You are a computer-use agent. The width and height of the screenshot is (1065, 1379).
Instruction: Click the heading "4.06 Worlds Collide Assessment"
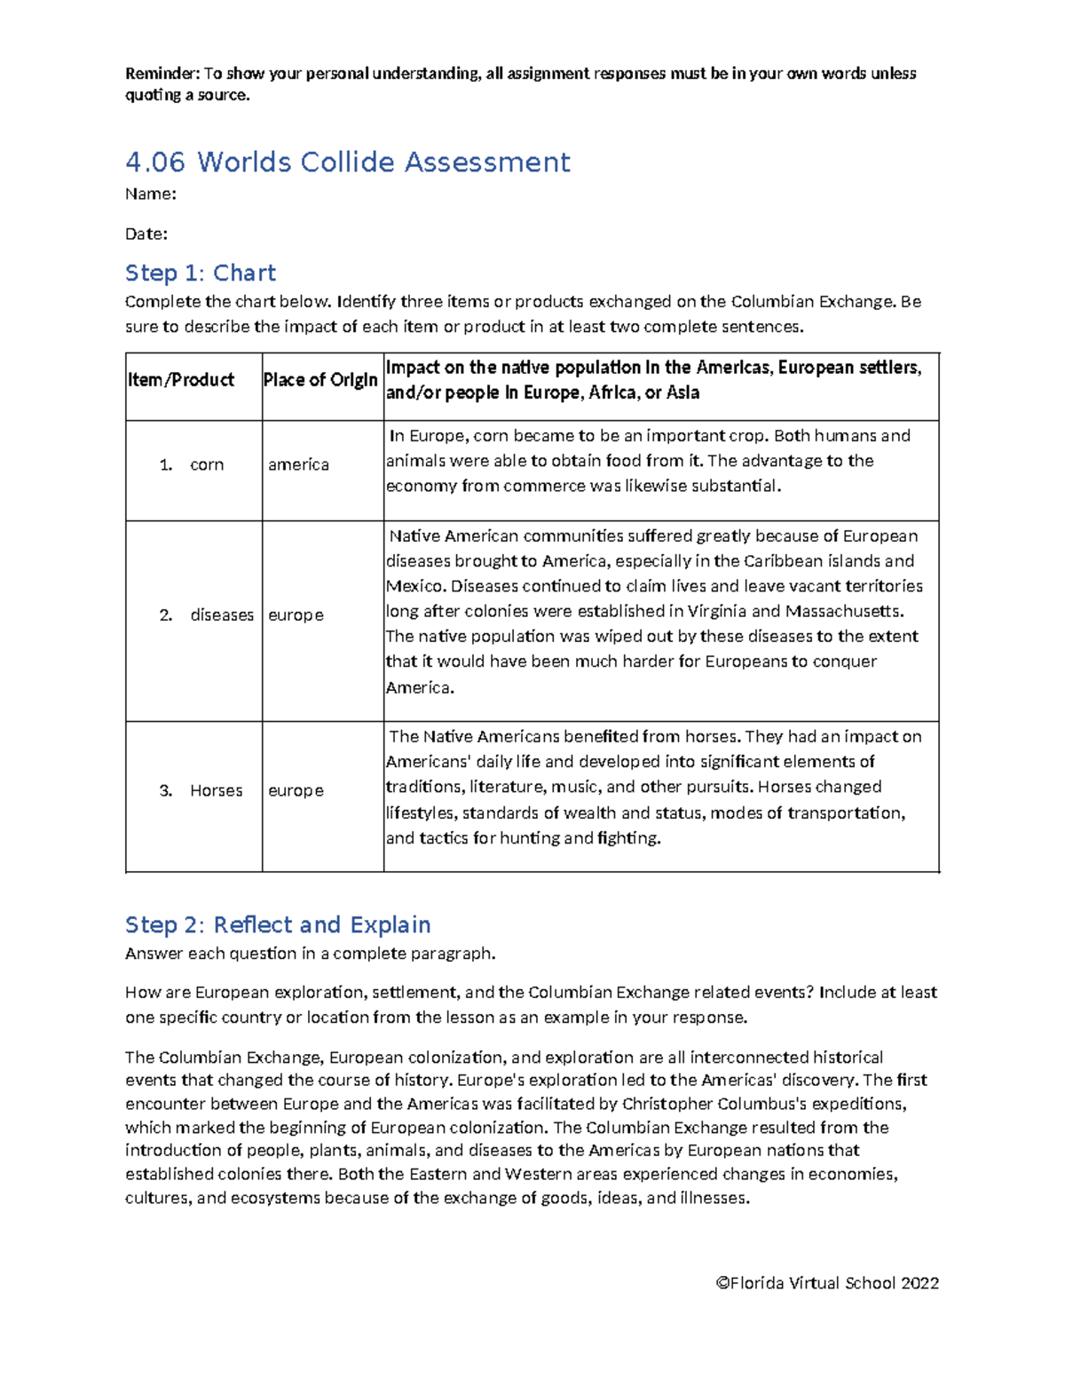coord(347,162)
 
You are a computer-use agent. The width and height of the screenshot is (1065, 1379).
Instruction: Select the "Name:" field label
coord(150,194)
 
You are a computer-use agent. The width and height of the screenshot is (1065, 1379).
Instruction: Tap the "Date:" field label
coord(146,234)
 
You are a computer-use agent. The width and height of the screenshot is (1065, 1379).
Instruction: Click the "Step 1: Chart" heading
coord(201,273)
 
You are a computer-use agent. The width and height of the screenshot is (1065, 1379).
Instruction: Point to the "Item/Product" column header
coord(181,380)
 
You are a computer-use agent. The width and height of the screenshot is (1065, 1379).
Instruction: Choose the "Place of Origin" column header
coord(320,380)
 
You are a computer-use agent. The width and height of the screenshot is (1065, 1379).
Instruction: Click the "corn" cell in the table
coord(206,464)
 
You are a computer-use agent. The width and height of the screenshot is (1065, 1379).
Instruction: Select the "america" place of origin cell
coord(298,464)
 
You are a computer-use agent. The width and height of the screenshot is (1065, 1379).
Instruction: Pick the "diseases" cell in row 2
coord(222,614)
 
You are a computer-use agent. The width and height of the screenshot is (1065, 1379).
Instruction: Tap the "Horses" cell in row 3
coord(216,790)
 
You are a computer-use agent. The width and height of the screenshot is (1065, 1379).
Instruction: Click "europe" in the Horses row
coord(296,790)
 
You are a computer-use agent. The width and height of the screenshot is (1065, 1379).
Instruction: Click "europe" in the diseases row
coord(296,614)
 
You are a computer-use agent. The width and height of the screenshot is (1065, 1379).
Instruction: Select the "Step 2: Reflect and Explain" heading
coord(278,924)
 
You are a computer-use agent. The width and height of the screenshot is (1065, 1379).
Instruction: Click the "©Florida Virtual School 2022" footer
coord(827,1283)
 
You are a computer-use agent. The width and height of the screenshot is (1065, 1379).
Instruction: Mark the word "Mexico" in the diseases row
coord(414,586)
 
